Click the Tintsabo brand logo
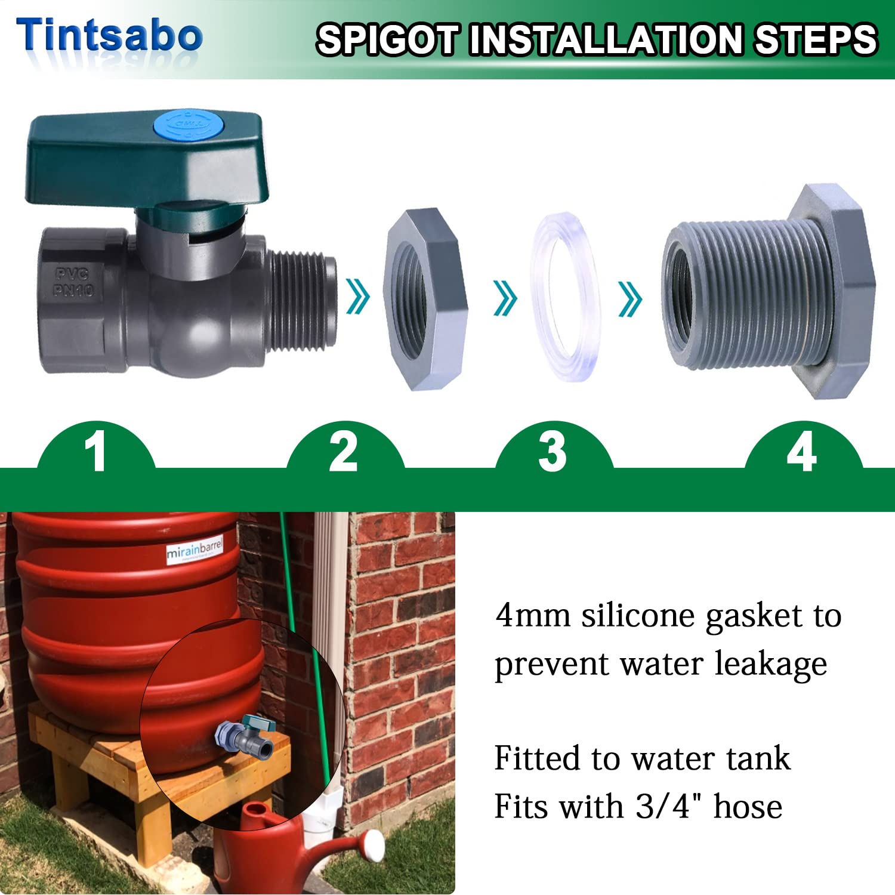coord(109,35)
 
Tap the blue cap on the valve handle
coord(189,125)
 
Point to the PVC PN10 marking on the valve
coord(73,282)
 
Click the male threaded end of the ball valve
coord(301,301)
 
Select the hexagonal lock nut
coord(425,300)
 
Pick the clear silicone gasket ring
coord(565,296)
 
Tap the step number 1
coord(95,452)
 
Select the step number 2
coord(344,452)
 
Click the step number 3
coord(553,452)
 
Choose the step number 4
coord(802,452)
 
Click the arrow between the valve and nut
coord(358,297)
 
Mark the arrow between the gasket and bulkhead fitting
coord(630,298)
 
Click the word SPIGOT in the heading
coord(388,39)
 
